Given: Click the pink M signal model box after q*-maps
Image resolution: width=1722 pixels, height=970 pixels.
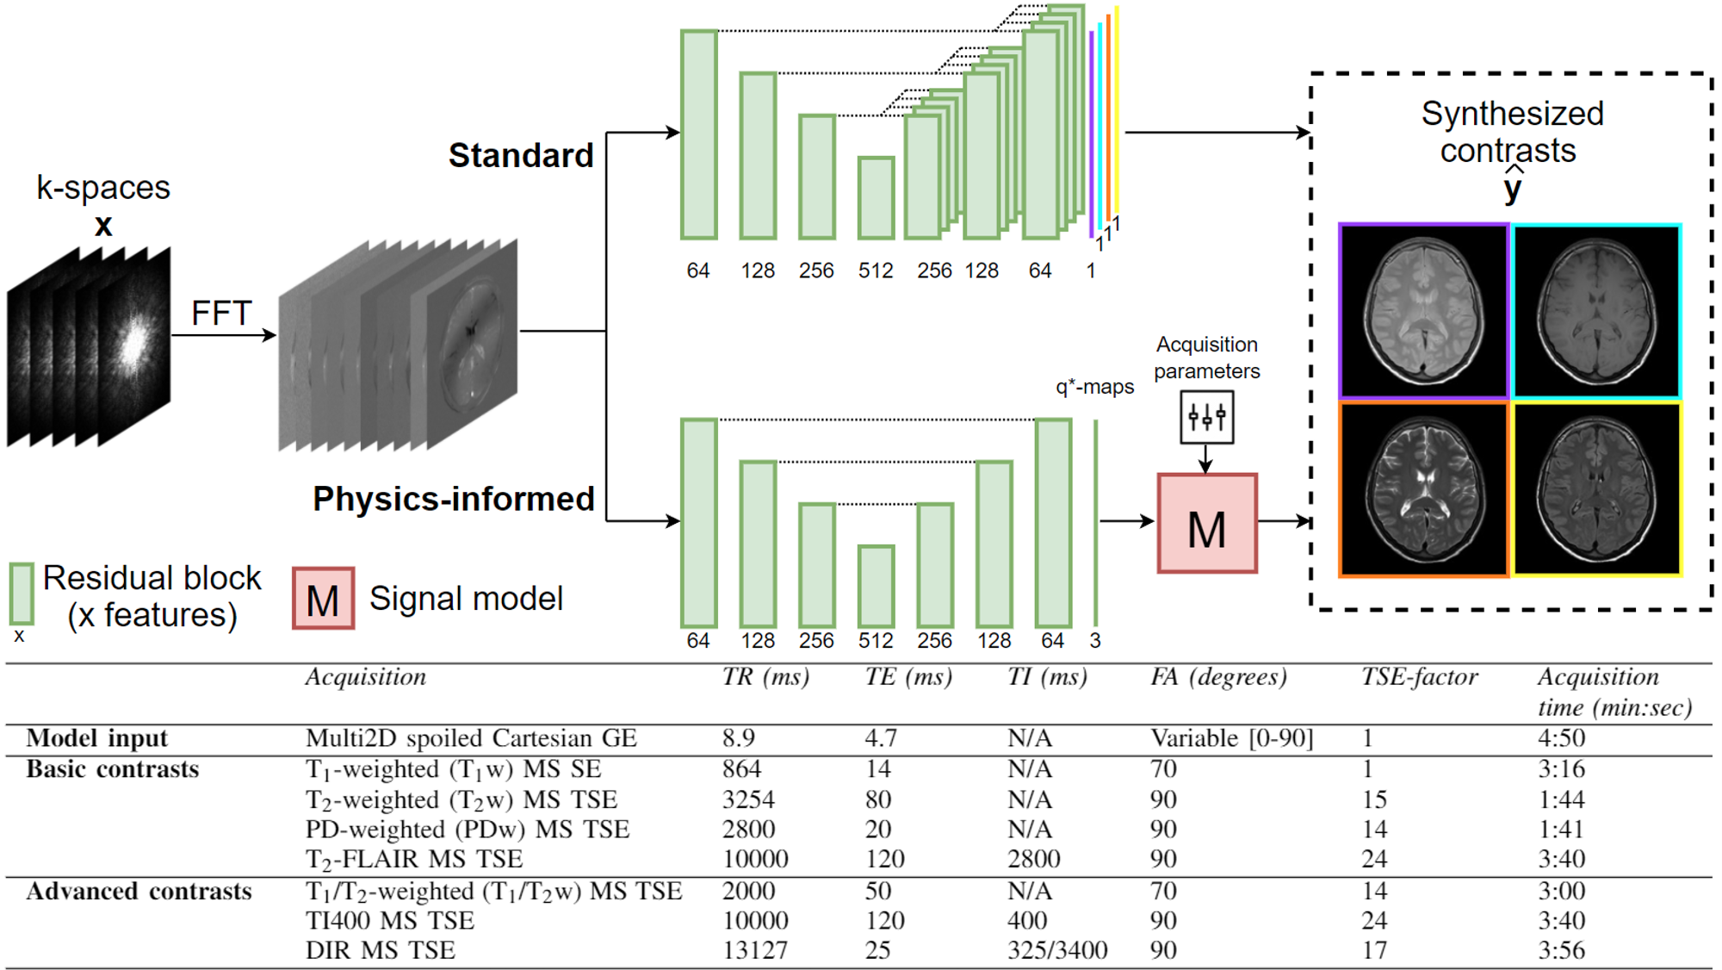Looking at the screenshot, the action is [1207, 523].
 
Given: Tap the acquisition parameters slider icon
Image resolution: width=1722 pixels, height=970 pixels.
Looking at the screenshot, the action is [1206, 418].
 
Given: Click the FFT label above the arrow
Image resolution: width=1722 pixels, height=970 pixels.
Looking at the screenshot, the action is [221, 313].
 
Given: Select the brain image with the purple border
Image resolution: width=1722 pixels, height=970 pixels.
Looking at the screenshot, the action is [1424, 311].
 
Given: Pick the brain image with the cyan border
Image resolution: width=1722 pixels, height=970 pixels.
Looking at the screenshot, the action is [1597, 311].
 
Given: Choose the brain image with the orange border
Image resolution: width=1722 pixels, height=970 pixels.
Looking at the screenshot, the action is [1424, 488].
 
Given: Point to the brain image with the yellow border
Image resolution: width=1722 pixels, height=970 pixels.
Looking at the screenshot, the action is [1597, 488].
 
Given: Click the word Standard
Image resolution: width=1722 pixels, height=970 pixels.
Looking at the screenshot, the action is [521, 156].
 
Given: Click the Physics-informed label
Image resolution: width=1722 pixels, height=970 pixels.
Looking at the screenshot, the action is [454, 499].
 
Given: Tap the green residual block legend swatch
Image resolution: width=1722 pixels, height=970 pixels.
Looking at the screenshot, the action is [22, 594].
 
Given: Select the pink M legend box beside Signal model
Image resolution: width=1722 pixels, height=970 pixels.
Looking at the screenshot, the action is [323, 598].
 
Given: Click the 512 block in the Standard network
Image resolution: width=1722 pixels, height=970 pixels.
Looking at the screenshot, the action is [876, 198].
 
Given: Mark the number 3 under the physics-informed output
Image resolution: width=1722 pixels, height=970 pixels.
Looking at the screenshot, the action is [1095, 641].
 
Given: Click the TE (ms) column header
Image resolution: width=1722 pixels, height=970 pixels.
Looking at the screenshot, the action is [908, 677].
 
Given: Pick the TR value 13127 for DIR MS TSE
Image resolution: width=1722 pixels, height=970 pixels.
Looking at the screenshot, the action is [755, 950].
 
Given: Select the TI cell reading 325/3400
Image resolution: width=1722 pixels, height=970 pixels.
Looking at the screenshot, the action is [1057, 950].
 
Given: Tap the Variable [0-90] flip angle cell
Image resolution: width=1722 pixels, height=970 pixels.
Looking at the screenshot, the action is [1232, 738].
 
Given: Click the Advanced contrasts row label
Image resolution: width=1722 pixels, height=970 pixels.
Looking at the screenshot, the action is [139, 891].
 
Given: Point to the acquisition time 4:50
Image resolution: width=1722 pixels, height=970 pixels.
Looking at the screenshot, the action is [1561, 738].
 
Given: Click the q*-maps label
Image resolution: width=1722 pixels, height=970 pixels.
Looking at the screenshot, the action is [1094, 387].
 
